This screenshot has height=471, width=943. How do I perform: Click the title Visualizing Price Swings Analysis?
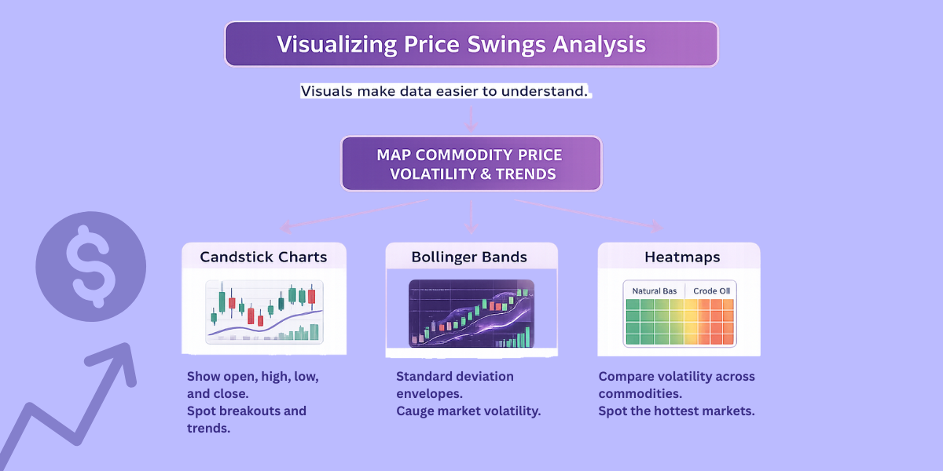(461, 44)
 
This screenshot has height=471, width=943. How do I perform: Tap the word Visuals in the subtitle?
(326, 91)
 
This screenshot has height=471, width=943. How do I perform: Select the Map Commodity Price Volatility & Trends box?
(471, 163)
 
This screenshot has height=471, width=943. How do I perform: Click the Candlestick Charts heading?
(263, 257)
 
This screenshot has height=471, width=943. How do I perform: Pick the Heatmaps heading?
(681, 257)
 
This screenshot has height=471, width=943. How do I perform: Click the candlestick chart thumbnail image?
(264, 312)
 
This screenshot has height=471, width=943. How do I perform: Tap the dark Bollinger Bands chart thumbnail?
(471, 313)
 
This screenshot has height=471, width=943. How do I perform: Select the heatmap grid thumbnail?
(680, 313)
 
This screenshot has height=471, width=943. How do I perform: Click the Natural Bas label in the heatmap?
(654, 291)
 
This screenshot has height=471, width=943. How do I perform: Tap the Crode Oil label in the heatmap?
(710, 291)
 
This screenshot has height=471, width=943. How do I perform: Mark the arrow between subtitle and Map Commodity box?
(471, 118)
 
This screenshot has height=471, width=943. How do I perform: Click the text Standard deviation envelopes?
(454, 385)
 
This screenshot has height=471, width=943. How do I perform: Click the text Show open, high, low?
(252, 376)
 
